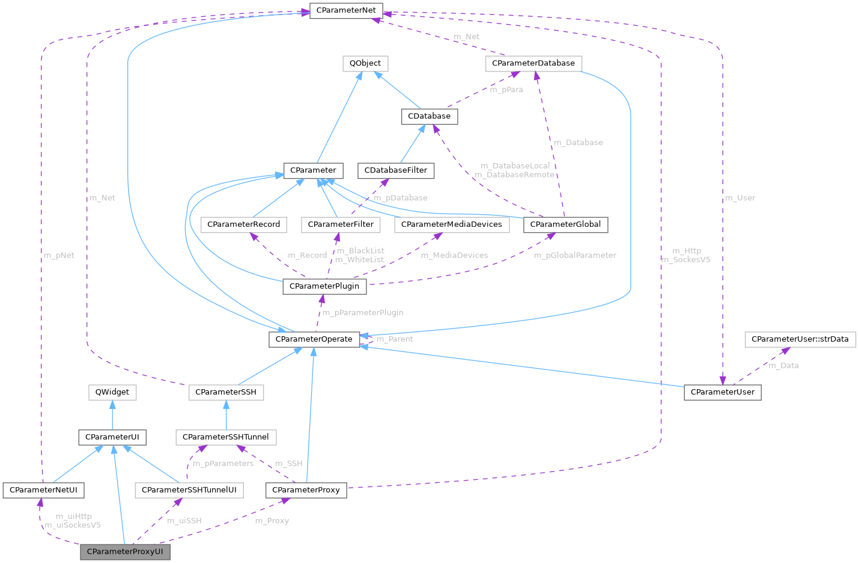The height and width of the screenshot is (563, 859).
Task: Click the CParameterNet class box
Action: point(346,10)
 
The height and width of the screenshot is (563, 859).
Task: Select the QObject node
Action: point(365,63)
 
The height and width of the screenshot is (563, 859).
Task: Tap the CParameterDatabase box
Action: point(533,63)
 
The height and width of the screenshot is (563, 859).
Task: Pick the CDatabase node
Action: point(429,116)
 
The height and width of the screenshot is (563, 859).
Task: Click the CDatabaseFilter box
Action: point(396,170)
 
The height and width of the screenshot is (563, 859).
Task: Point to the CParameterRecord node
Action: point(243,224)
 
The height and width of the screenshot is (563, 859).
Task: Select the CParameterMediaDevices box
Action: point(451,224)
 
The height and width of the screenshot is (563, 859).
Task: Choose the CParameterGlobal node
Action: point(565,224)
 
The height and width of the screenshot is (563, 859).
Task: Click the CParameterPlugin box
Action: point(324,286)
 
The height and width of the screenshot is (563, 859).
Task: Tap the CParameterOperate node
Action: point(314,339)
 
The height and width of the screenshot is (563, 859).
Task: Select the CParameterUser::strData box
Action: point(800,339)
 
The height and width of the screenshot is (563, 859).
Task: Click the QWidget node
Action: point(112,392)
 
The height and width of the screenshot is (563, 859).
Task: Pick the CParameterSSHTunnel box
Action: point(225,437)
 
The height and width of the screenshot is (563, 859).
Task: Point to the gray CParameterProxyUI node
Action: point(125,552)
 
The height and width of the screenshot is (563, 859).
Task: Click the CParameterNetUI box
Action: point(43,490)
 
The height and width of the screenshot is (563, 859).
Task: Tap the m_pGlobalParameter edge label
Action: point(575,255)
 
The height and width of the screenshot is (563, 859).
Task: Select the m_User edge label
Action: point(740,198)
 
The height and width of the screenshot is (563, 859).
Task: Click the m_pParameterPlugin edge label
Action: point(362,313)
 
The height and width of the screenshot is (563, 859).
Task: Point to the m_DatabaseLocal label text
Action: point(515,165)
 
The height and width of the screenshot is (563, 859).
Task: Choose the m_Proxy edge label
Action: point(272,521)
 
